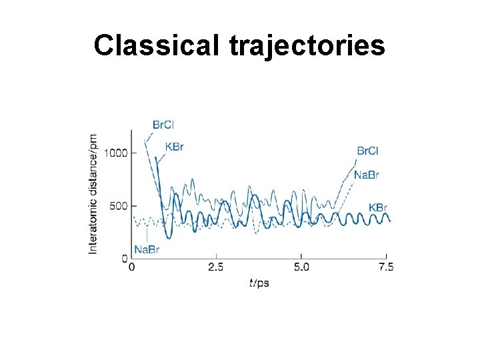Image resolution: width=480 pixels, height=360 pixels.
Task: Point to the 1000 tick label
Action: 115,153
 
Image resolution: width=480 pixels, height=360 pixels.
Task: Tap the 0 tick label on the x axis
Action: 131,267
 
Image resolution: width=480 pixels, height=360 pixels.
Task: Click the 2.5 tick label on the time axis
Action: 216,267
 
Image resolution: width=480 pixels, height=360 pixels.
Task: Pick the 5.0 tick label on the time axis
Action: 301,267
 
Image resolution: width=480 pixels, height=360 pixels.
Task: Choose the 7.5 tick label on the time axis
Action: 386,267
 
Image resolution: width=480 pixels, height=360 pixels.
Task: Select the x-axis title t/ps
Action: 259,283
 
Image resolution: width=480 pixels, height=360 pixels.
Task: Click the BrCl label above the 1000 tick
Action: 163,124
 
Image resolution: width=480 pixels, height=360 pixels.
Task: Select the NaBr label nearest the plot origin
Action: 147,249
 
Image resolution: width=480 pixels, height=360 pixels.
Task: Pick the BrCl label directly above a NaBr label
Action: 368,151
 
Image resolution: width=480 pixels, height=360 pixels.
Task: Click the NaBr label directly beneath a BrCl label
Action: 367,175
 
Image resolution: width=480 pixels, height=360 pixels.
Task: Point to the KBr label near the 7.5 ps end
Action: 377,207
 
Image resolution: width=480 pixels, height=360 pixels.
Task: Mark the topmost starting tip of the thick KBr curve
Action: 156,158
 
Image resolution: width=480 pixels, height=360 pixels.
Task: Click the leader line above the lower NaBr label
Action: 147,234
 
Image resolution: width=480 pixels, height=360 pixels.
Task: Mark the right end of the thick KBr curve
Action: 390,221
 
